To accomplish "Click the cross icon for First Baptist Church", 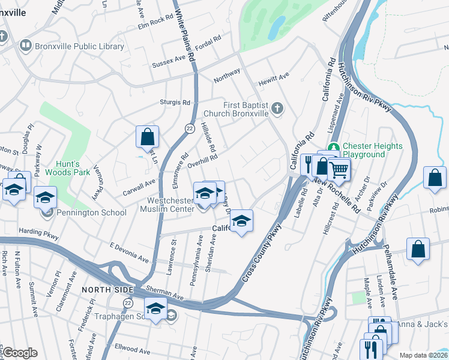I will (x=277, y=108).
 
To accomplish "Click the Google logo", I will (x=19, y=352).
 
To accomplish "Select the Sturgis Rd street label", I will (x=175, y=103).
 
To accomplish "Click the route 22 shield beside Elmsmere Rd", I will (x=189, y=128).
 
